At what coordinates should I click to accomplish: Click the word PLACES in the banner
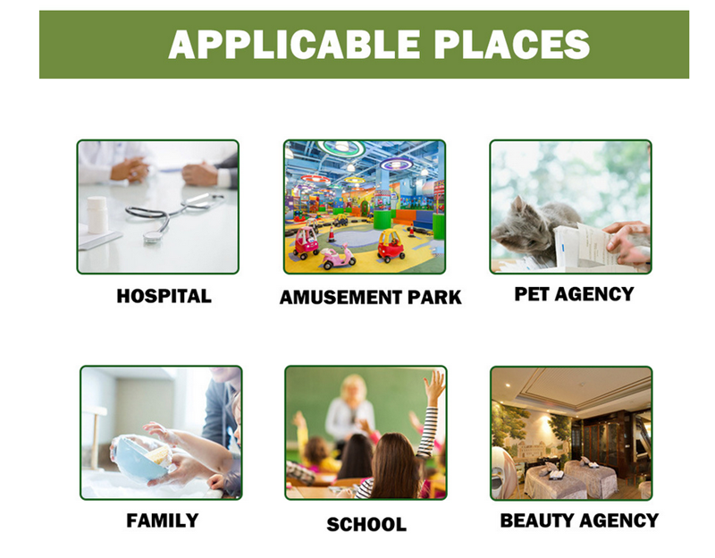(x=512, y=44)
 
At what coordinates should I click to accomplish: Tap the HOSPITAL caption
(x=164, y=296)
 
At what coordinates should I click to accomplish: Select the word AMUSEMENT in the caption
(x=341, y=298)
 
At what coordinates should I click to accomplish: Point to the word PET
(x=532, y=294)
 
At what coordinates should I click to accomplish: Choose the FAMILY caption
(x=163, y=520)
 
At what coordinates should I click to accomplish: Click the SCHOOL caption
(x=366, y=524)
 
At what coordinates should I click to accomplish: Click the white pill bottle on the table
(x=97, y=215)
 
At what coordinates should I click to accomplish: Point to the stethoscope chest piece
(x=153, y=236)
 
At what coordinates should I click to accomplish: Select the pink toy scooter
(x=339, y=258)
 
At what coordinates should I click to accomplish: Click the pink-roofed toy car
(x=306, y=241)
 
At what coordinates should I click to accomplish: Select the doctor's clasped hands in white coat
(x=130, y=170)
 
